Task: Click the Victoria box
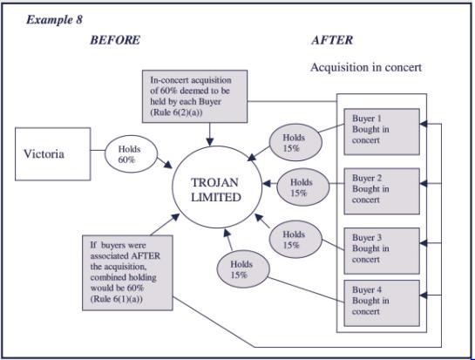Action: coord(52,154)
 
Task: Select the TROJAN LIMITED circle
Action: coord(217,187)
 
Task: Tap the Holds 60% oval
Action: coord(131,154)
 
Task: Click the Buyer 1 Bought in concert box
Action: coord(382,132)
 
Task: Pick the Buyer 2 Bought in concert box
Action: coord(382,191)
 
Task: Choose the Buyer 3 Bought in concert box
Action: coord(382,251)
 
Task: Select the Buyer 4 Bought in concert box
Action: coord(382,303)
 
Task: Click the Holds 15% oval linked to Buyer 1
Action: coord(295,142)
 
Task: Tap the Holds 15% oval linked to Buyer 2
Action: coord(303,187)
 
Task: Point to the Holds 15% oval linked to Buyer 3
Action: coord(295,240)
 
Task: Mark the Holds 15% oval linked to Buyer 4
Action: coord(243,269)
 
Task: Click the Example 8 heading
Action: coord(54,20)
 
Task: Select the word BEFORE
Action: coord(115,40)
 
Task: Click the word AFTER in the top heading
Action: coord(332,40)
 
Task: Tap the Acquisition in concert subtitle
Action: coord(366,67)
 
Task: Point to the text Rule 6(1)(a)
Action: coord(116,299)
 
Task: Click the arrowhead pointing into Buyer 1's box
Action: coord(424,124)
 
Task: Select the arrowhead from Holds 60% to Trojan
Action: coord(168,165)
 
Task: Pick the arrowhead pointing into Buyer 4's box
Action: coord(424,295)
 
